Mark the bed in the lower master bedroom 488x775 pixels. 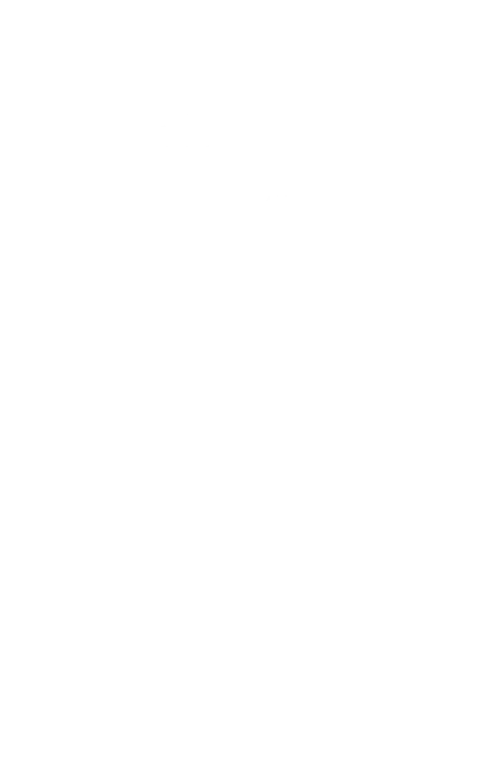(x=180, y=665)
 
